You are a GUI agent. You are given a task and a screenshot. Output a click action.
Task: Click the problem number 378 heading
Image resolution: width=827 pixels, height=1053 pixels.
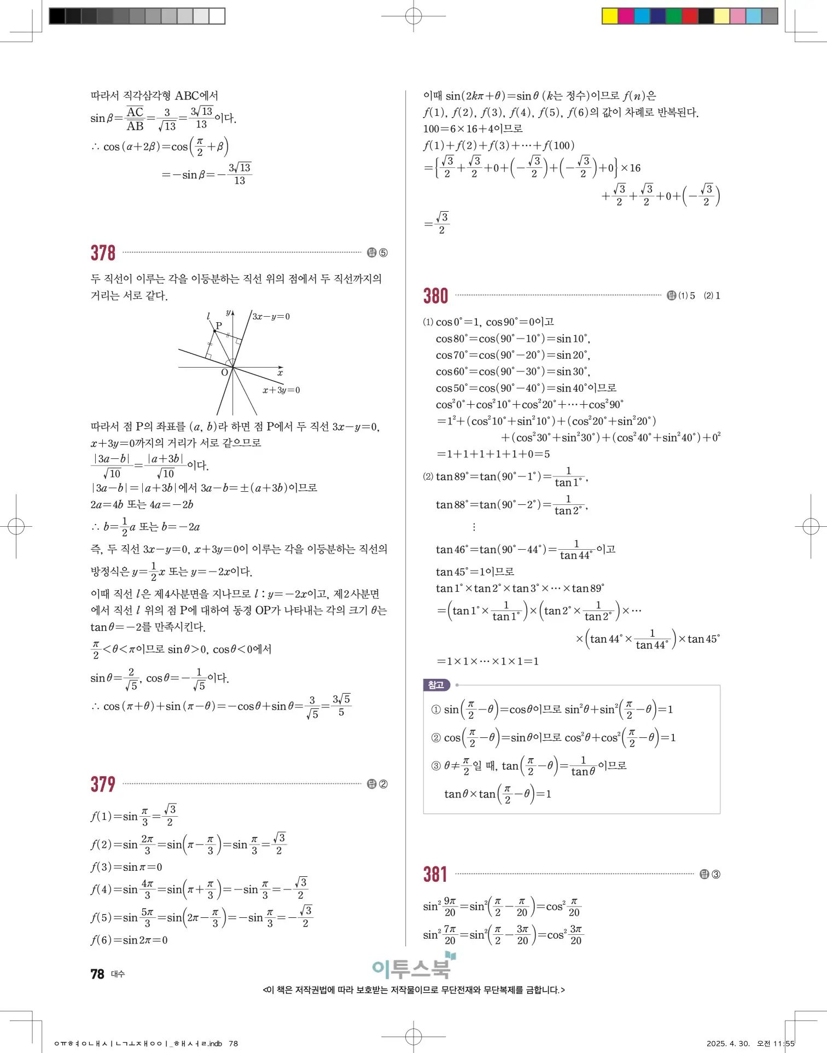(x=103, y=253)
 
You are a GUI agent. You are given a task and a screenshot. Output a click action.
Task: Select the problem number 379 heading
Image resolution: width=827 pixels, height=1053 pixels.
(x=103, y=784)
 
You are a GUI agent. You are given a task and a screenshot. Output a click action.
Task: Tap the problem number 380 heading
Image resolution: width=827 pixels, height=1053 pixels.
(x=435, y=296)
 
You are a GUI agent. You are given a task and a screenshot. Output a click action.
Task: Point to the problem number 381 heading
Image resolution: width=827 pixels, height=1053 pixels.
(x=435, y=874)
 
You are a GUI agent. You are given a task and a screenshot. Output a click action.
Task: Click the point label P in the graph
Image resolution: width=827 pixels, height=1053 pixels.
(x=219, y=325)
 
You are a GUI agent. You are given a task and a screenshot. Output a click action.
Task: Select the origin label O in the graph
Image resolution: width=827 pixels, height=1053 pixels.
(x=224, y=373)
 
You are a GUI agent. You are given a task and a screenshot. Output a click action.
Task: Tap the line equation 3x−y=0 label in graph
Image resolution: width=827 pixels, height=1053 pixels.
(x=271, y=317)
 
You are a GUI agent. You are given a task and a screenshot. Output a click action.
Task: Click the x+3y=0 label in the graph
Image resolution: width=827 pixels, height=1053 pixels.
(x=281, y=390)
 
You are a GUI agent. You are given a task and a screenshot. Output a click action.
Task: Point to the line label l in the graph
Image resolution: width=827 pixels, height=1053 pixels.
(x=208, y=316)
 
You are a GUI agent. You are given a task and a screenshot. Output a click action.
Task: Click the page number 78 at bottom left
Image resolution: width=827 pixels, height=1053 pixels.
(x=97, y=974)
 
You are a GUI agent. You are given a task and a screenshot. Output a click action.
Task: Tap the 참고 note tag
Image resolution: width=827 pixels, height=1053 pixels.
(x=436, y=685)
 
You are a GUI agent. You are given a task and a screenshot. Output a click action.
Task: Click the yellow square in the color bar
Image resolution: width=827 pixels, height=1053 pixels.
(x=609, y=16)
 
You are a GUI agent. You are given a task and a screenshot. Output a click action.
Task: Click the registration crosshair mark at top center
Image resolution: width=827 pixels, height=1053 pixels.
(x=413, y=16)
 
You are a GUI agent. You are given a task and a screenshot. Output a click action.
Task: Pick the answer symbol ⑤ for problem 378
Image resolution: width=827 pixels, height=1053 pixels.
(x=383, y=253)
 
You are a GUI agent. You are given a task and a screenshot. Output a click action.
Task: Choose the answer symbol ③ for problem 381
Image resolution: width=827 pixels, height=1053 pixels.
(x=715, y=874)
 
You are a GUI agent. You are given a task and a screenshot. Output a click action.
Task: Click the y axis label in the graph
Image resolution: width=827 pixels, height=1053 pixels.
(x=228, y=312)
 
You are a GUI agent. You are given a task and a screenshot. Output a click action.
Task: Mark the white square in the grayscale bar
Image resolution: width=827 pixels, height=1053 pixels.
(x=217, y=16)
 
